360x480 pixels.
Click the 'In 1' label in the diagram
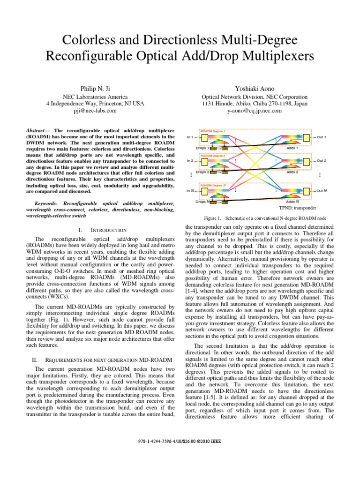190,137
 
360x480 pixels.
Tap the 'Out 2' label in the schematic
321,161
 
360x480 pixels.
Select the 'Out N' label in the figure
321,191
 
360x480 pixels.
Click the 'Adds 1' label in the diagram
292,148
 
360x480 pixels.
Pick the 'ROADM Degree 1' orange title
213,131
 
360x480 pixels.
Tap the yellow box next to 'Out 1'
307,137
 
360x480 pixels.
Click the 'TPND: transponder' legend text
298,208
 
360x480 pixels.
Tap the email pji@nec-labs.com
95,111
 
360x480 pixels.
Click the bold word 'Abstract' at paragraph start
35,129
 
